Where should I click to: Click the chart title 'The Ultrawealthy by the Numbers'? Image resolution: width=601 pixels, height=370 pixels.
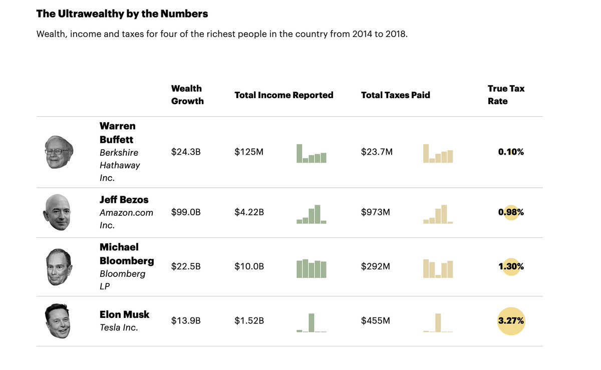tap(122, 14)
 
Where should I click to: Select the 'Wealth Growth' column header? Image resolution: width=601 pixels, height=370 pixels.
tap(187, 95)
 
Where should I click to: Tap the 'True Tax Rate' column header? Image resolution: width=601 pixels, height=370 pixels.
tap(506, 95)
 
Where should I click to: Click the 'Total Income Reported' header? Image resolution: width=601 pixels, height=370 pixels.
tap(283, 95)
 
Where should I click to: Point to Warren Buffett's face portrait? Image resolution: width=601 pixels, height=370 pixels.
tap(59, 152)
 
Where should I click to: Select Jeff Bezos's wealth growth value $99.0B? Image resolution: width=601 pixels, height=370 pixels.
tap(186, 212)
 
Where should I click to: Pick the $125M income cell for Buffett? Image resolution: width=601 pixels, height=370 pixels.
tap(248, 152)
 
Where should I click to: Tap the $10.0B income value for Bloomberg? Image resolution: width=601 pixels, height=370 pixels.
tap(249, 266)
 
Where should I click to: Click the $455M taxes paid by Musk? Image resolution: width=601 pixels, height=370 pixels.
tap(375, 320)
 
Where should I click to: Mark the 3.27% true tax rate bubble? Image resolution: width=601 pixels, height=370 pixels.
tap(511, 321)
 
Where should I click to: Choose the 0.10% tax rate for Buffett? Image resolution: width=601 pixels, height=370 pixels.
tap(511, 152)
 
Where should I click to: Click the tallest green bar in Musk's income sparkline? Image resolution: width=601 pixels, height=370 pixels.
tap(311, 322)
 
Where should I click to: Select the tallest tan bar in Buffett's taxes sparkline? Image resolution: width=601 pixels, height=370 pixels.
tap(426, 153)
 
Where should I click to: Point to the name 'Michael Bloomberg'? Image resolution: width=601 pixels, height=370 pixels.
tap(126, 254)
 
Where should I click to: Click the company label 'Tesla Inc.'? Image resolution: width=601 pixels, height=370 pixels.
tap(119, 327)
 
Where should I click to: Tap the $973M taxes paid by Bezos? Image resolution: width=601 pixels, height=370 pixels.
tap(375, 212)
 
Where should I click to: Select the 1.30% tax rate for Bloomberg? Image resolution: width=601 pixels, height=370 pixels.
tap(511, 266)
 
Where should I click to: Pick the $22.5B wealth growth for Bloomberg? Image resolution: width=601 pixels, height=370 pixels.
tap(186, 266)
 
